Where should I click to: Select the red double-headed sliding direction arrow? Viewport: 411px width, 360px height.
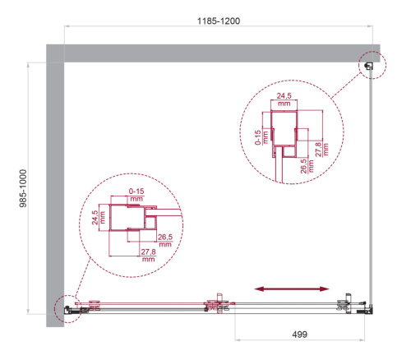pos(292,288)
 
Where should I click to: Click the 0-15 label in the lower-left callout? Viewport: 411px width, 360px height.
pos(136,196)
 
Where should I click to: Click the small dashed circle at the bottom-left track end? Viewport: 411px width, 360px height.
pos(65,307)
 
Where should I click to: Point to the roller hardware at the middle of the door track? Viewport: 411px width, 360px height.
pos(217,303)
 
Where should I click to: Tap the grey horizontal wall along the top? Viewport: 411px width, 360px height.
pos(214,52)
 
